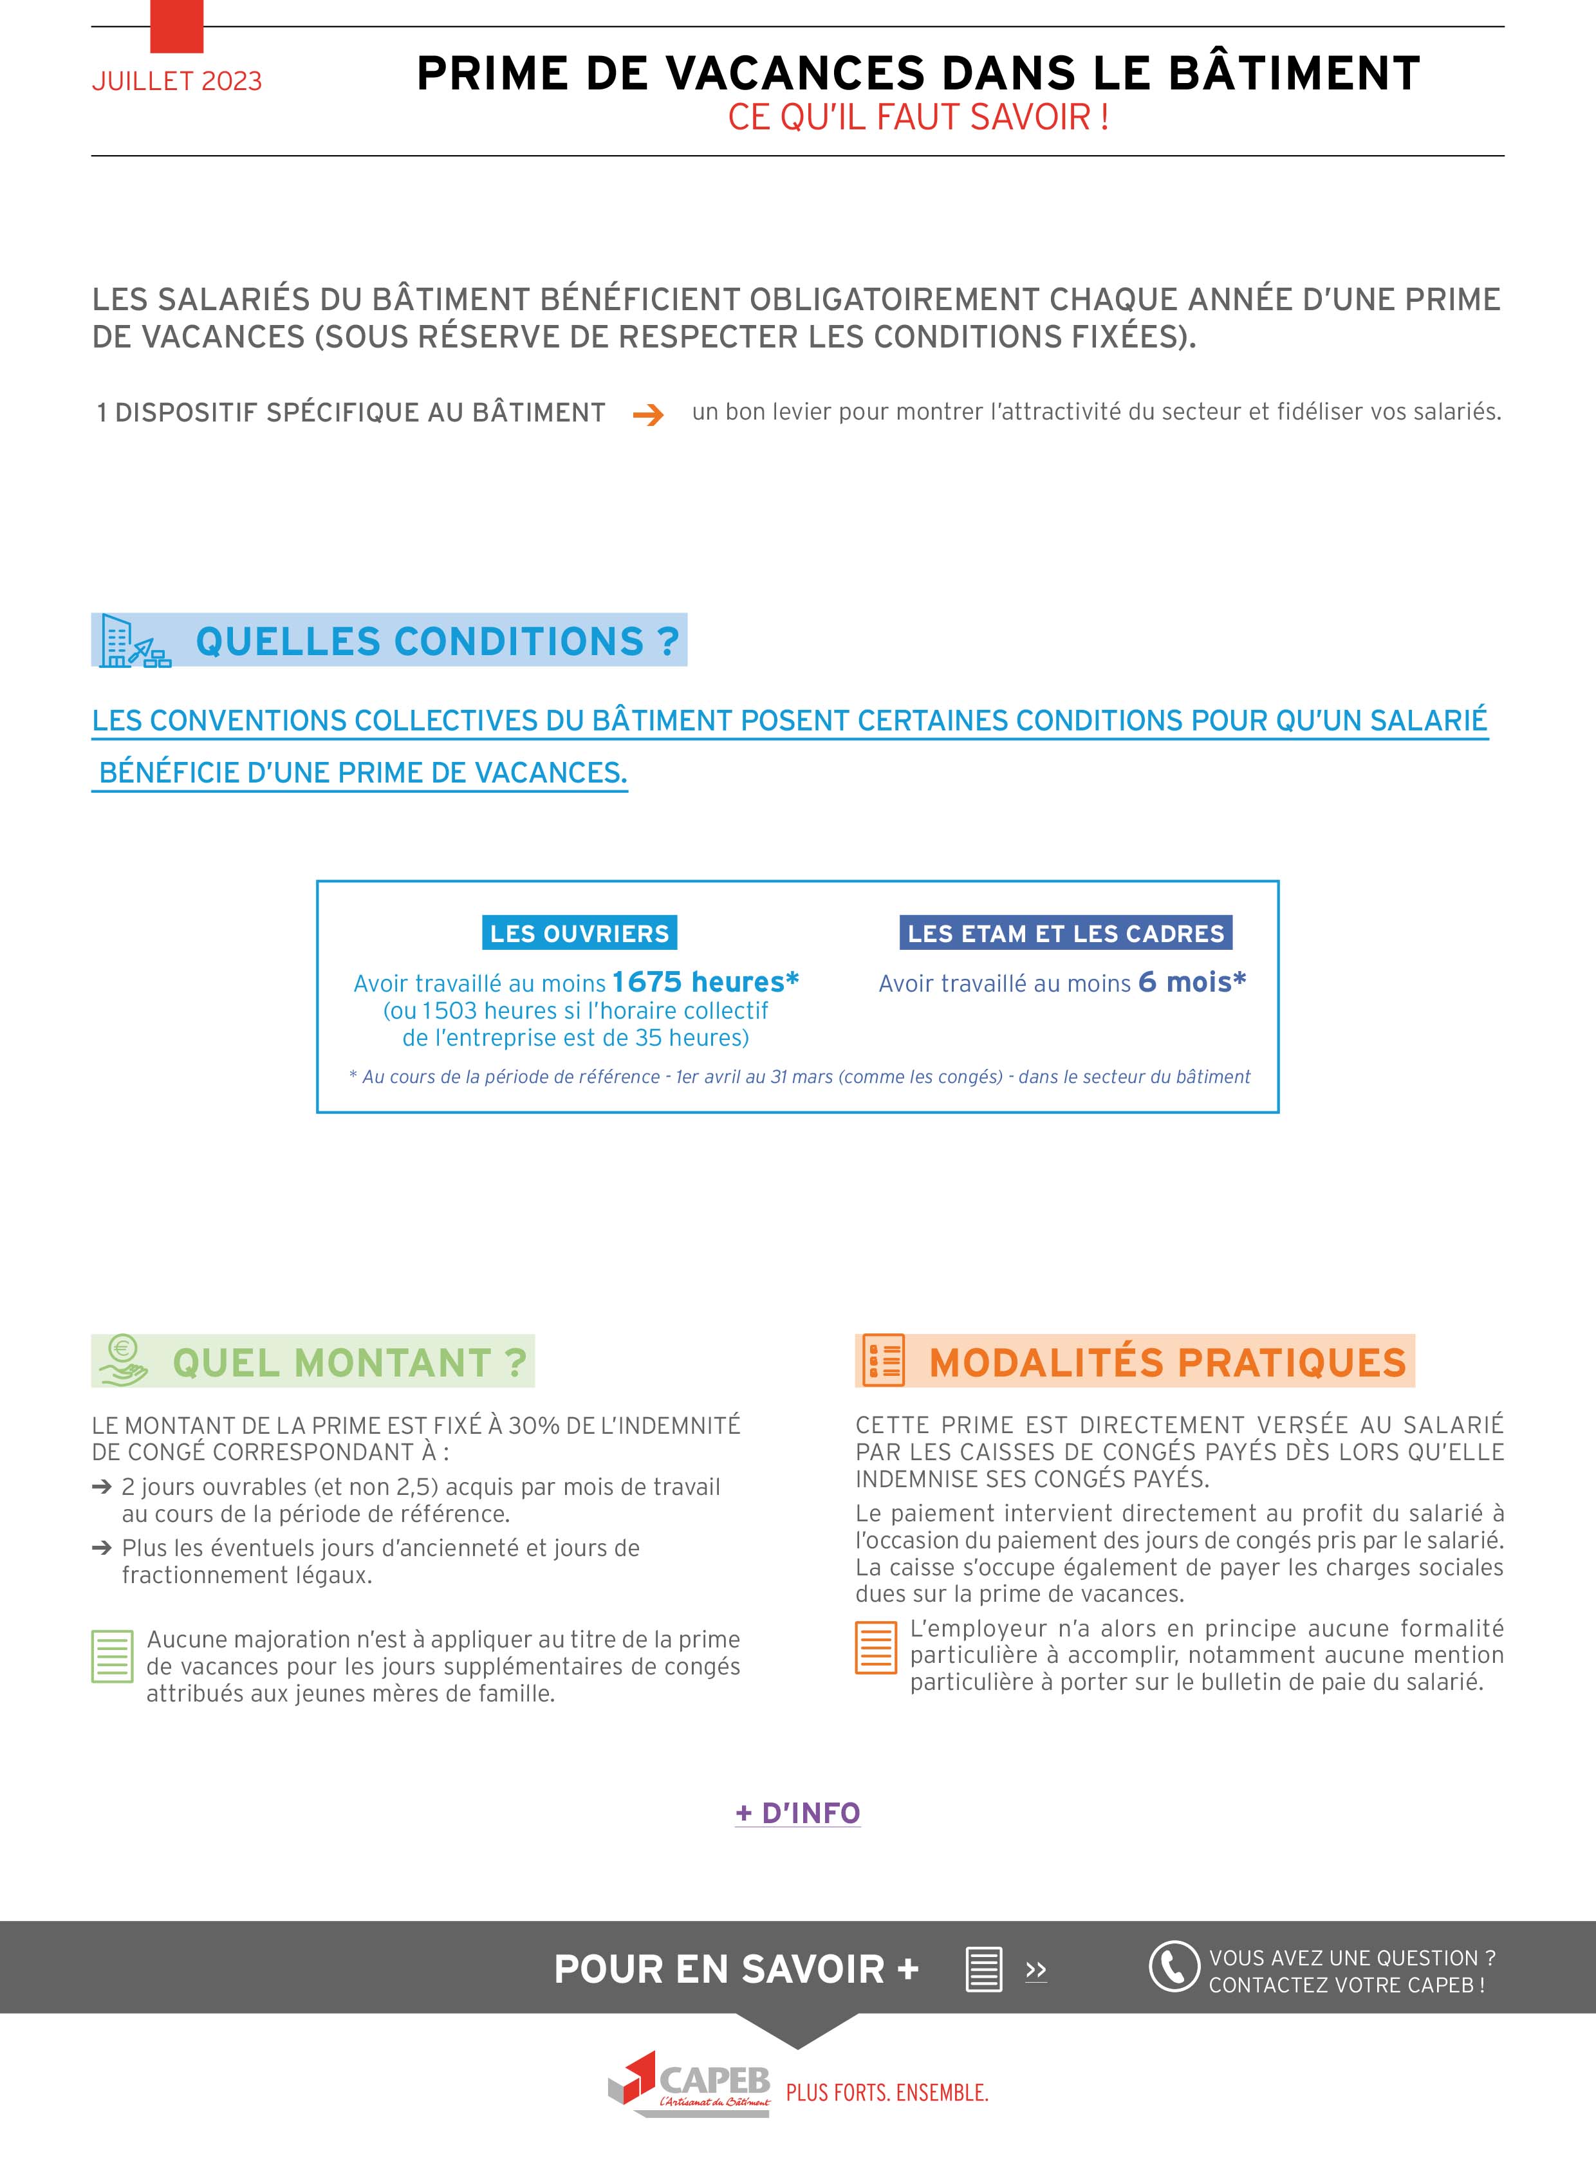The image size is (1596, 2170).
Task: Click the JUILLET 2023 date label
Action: pyautogui.click(x=177, y=81)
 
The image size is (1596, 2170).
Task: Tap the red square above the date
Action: pyautogui.click(x=177, y=26)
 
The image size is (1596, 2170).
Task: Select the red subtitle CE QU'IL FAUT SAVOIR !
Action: pyautogui.click(x=918, y=118)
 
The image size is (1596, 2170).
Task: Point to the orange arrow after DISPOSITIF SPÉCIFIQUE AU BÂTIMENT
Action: pyautogui.click(x=648, y=416)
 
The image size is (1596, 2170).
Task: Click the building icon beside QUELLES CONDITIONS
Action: pyautogui.click(x=133, y=640)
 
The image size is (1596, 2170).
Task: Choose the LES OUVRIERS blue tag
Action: pyautogui.click(x=580, y=933)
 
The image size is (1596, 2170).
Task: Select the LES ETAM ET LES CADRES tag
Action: pyautogui.click(x=1066, y=933)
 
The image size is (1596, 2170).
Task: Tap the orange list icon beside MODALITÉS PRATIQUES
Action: pyautogui.click(x=883, y=1360)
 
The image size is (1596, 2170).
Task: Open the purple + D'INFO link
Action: pyautogui.click(x=798, y=1813)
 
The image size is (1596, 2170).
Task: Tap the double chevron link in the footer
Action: pyautogui.click(x=1035, y=1970)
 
